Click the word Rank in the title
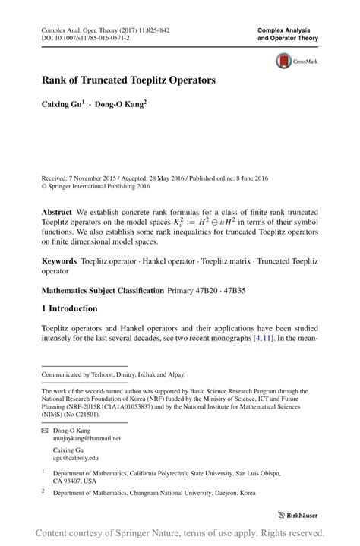click(58, 79)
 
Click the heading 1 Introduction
click(70, 308)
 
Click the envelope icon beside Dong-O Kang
click(45, 430)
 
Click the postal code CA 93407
click(70, 481)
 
